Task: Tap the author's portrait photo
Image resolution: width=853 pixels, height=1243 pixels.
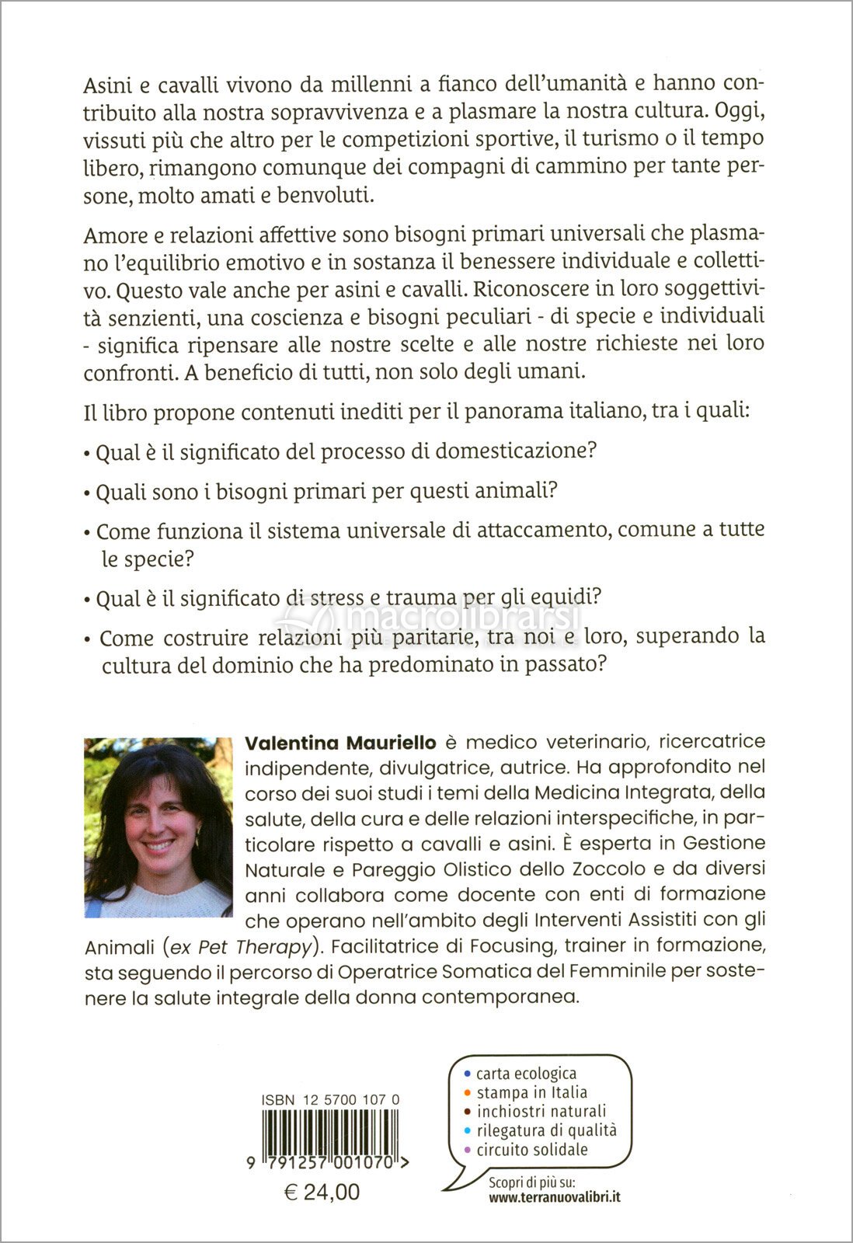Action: [158, 827]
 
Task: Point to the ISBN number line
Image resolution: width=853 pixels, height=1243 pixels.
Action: [331, 1099]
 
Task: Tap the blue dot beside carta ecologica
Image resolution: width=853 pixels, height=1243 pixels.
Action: [467, 1074]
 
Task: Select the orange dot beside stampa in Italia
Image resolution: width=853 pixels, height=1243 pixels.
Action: [467, 1092]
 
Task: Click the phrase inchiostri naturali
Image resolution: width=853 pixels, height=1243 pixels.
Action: [541, 1111]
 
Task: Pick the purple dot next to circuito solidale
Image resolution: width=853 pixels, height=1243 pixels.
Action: [467, 1149]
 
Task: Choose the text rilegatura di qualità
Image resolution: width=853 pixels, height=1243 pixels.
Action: [546, 1130]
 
